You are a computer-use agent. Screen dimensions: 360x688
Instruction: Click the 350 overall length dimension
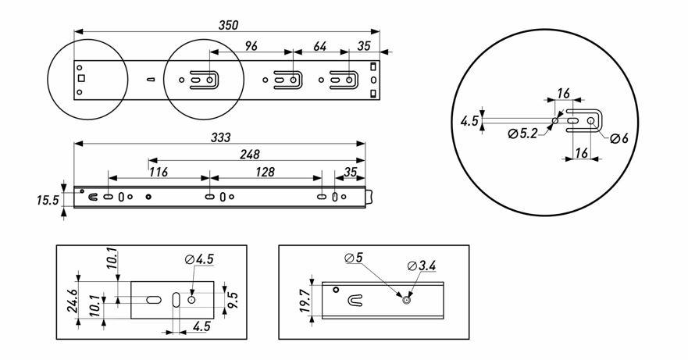pyautogui.click(x=228, y=25)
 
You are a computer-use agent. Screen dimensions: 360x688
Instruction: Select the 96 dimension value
pyautogui.click(x=251, y=46)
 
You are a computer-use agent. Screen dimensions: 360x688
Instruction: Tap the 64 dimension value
pyautogui.click(x=319, y=46)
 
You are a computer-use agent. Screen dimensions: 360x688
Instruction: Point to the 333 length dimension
pyautogui.click(x=221, y=137)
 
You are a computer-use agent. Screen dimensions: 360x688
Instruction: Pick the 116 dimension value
pyautogui.click(x=159, y=172)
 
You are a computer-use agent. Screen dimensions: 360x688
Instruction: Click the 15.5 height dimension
pyautogui.click(x=48, y=201)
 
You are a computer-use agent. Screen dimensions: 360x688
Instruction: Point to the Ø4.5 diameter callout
pyautogui.click(x=200, y=259)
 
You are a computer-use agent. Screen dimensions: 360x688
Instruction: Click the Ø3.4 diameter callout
pyautogui.click(x=422, y=266)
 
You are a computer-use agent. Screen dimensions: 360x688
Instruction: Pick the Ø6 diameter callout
pyautogui.click(x=619, y=138)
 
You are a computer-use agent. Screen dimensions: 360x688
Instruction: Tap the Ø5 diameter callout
pyautogui.click(x=354, y=257)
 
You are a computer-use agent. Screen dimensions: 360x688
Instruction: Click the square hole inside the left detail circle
pyautogui.click(x=81, y=78)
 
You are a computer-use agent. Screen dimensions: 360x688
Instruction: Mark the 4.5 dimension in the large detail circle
pyautogui.click(x=469, y=121)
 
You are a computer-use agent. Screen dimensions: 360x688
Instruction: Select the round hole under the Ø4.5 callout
pyautogui.click(x=192, y=299)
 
